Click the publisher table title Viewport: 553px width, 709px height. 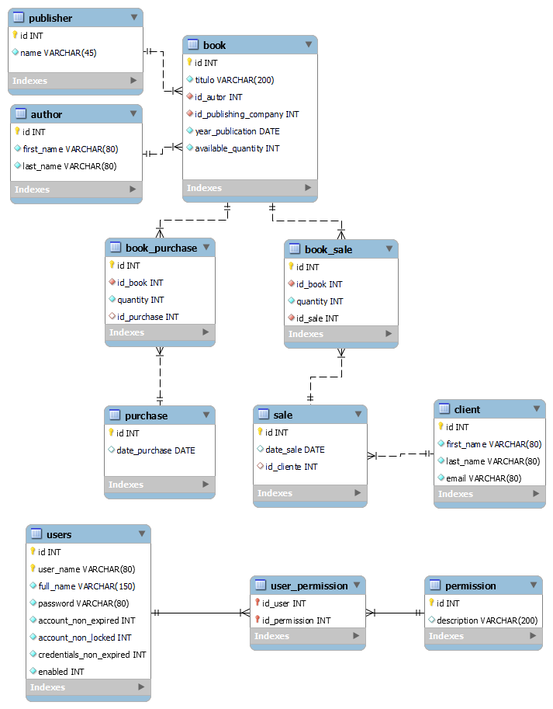(50, 18)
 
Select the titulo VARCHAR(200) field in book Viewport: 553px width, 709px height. (234, 80)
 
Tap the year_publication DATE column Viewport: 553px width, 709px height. (237, 131)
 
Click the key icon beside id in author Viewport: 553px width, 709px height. (17, 132)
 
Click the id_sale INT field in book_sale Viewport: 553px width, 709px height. (317, 318)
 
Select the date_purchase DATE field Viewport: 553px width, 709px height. (155, 450)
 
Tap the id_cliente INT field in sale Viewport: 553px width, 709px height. (291, 467)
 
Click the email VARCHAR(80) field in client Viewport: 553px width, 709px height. (484, 478)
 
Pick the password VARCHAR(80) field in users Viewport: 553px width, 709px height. (83, 603)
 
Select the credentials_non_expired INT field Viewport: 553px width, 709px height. (92, 655)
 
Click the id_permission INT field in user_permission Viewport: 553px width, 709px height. (296, 620)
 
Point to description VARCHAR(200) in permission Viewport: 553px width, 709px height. (486, 620)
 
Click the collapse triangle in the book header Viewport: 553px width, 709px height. (309, 45)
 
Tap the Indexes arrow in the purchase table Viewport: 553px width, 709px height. (206, 485)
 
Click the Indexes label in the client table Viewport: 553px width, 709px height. (455, 494)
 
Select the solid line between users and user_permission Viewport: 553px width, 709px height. (200, 613)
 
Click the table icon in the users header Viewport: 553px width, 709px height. (36, 534)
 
